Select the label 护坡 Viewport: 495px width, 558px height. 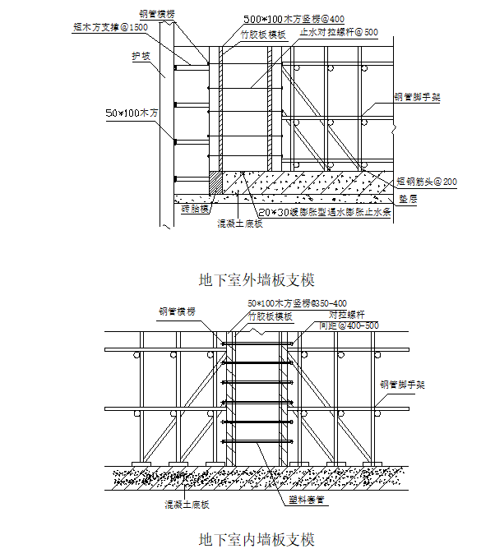(x=141, y=57)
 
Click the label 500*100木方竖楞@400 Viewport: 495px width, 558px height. (x=293, y=18)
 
